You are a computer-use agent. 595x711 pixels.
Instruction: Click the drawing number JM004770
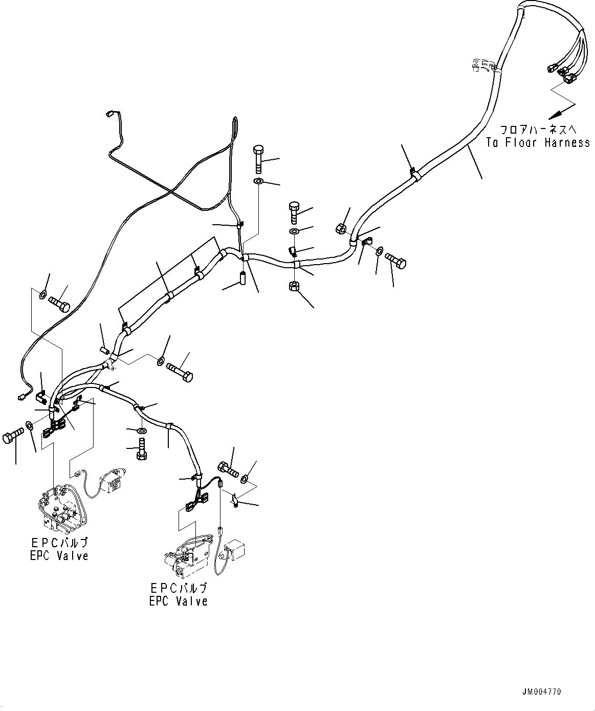[x=542, y=692]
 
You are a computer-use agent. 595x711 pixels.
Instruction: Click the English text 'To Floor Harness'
[x=537, y=143]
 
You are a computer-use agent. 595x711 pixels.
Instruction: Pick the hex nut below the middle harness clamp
[x=294, y=286]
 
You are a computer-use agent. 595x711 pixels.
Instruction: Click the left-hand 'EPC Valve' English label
[x=59, y=555]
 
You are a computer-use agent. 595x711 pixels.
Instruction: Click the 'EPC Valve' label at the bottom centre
[x=178, y=601]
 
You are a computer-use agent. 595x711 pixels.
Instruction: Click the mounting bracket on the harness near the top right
[x=481, y=65]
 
